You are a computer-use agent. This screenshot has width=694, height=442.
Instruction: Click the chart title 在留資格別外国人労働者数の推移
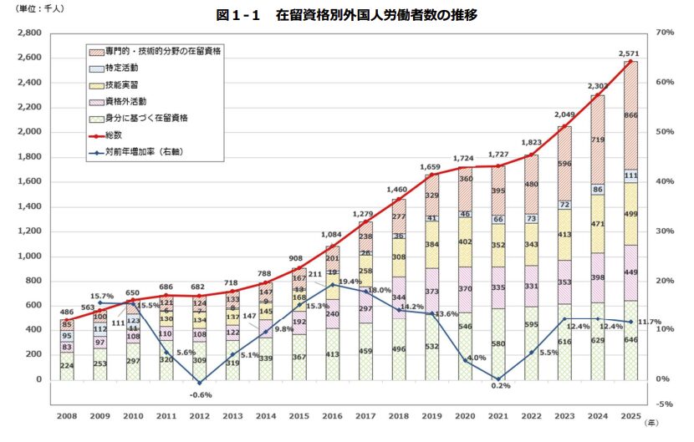point(346,14)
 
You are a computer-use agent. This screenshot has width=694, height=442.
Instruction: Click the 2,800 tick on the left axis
point(30,33)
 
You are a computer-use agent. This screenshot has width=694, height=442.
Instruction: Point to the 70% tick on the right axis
point(666,33)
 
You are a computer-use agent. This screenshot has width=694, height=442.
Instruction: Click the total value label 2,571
point(630,53)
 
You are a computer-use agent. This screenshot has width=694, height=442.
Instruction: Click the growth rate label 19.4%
point(350,282)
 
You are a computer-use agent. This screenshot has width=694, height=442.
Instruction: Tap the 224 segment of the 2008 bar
point(66,365)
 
